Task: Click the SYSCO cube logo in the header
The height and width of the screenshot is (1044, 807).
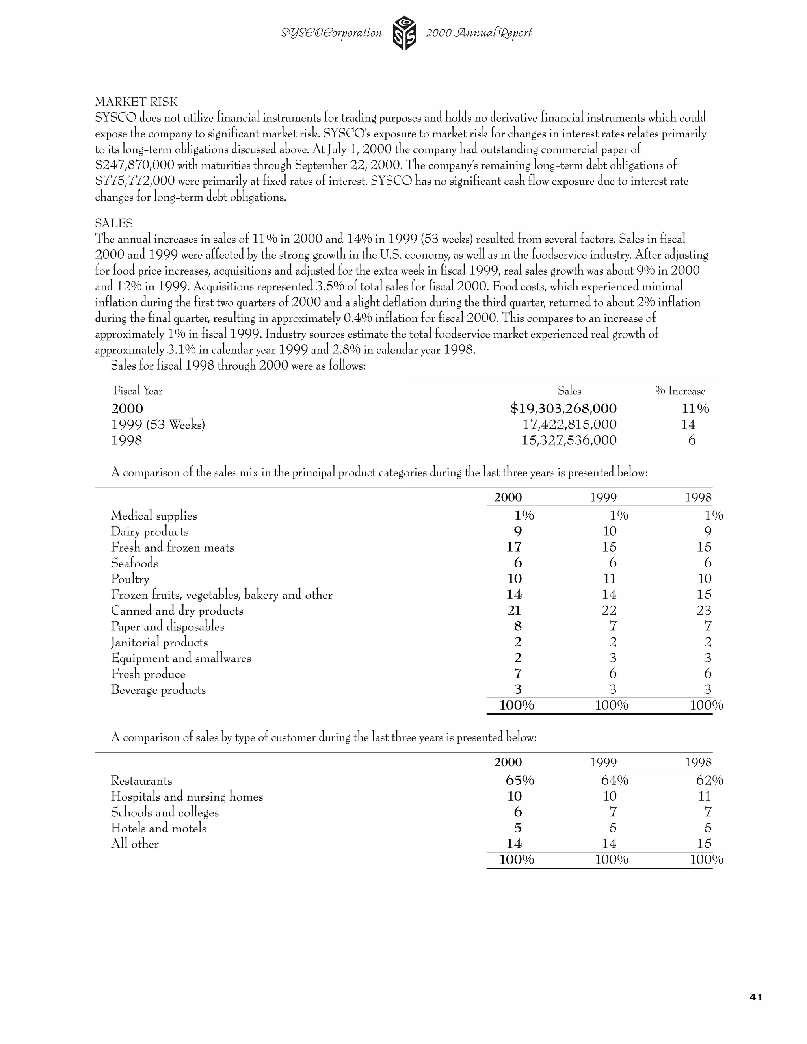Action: point(404,33)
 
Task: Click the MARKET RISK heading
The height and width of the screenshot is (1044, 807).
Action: point(136,102)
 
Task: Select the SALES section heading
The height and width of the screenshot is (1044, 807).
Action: point(114,223)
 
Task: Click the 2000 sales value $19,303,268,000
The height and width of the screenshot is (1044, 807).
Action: point(563,409)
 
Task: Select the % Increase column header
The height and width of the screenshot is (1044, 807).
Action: point(680,391)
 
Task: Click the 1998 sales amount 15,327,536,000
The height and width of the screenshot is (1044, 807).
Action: point(569,440)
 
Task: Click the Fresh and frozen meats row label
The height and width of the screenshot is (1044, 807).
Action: point(172,547)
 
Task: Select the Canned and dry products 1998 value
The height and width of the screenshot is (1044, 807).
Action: point(704,610)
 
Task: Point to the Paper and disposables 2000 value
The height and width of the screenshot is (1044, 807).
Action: point(517,626)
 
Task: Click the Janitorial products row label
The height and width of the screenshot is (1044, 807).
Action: point(159,643)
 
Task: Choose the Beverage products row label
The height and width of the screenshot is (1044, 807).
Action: point(158,690)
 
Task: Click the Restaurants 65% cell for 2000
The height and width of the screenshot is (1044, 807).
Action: point(520,780)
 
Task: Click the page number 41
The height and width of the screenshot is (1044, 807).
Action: point(756,997)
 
